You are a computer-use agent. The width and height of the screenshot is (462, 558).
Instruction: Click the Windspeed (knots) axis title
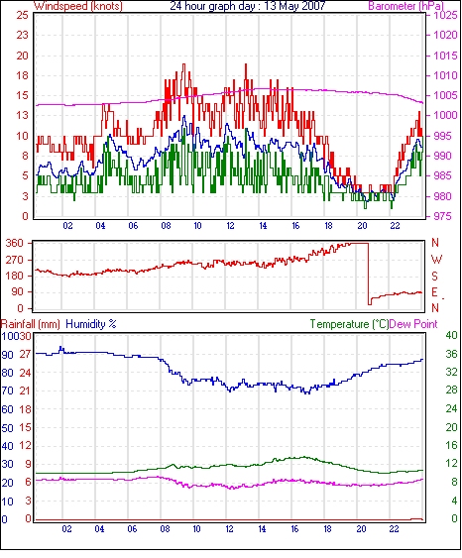tap(78, 6)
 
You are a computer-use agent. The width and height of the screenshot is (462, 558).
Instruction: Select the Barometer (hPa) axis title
tap(406, 6)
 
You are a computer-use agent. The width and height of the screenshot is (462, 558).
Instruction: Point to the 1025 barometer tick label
tap(445, 15)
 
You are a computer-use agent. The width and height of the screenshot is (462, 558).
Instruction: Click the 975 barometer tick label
tap(443, 216)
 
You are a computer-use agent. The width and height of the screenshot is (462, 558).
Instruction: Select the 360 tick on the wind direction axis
tap(14, 244)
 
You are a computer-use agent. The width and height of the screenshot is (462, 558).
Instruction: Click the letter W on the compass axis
tap(436, 259)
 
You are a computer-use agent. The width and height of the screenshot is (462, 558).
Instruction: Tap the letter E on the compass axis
tap(434, 292)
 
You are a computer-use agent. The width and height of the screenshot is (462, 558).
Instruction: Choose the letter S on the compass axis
tap(434, 276)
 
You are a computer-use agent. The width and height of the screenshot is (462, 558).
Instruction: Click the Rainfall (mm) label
tap(31, 324)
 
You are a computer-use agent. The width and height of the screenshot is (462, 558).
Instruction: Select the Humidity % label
tap(91, 324)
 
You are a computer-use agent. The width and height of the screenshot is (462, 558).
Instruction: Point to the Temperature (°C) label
tap(349, 324)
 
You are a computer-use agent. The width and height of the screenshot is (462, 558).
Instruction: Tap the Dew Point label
tap(413, 324)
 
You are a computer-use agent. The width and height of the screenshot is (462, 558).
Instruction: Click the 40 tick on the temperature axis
tap(452, 335)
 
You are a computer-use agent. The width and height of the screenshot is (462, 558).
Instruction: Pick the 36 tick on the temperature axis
tap(452, 354)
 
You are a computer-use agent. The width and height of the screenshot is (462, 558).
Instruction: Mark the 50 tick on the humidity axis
tap(8, 427)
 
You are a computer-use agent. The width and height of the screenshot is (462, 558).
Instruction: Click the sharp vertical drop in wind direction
tap(369, 274)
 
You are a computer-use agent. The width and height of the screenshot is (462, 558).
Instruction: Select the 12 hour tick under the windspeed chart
tap(230, 226)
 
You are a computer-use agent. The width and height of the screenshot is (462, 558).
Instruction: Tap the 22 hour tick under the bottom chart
tap(394, 529)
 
